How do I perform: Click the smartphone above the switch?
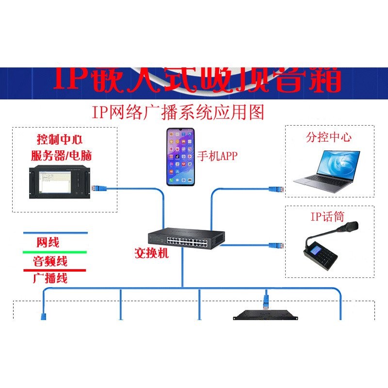[180, 157]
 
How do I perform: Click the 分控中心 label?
[328, 137]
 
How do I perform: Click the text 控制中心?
[60, 140]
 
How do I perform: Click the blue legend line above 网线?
[55, 233]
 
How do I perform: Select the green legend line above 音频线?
[55, 252]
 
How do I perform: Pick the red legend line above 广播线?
[55, 270]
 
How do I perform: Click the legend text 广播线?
[50, 278]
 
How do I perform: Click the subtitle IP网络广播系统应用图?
[178, 112]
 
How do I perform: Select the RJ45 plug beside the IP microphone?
[277, 245]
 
